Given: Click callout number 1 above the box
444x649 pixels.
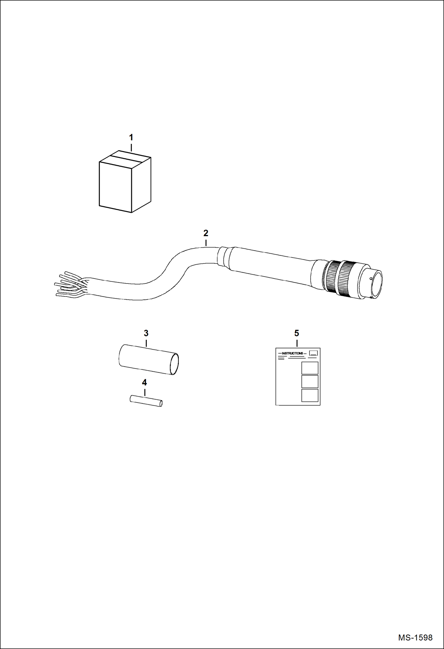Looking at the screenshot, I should coord(131,138).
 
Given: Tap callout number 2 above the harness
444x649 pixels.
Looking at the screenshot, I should coord(206,233).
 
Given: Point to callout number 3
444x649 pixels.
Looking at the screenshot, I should coord(146,333).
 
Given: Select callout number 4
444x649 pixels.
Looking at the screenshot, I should coord(144,383).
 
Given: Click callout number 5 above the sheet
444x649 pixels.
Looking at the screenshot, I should coord(297,333).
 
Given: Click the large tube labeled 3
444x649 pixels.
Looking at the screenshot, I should coord(148,359).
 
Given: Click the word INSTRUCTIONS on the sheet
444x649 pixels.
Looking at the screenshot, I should coord(292,353).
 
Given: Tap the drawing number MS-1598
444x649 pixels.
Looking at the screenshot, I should coord(415,637).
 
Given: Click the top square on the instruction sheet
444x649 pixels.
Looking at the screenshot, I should coord(310,368).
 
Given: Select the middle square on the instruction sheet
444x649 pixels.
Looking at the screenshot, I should coord(310,381).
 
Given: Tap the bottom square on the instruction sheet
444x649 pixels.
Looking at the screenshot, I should coord(310,395).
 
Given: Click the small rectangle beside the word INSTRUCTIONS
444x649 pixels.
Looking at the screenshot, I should coord(313,353).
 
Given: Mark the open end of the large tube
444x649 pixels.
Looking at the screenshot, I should coord(174,364).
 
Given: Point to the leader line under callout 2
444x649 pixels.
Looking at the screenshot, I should coord(206,243).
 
